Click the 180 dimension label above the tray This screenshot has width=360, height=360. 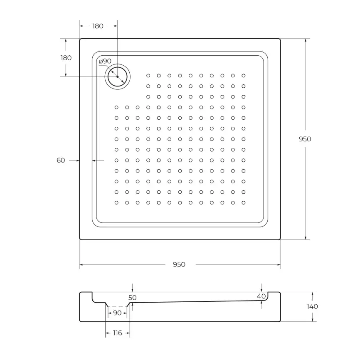(x=97, y=26)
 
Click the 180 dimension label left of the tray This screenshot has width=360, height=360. (x=66, y=58)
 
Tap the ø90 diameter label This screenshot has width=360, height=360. (x=105, y=61)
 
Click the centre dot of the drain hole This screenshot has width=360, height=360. (x=118, y=77)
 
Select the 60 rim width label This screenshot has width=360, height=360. (x=61, y=160)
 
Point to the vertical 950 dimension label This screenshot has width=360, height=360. (x=305, y=139)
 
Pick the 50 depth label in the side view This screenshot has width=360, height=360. (x=133, y=298)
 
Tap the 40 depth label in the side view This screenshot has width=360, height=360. (x=261, y=296)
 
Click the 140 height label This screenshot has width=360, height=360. (x=312, y=306)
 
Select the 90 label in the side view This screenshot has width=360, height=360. (x=117, y=313)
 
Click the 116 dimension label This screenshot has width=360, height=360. (x=118, y=333)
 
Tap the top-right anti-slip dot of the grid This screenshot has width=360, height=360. (x=244, y=76)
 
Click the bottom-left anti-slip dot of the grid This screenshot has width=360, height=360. (x=116, y=202)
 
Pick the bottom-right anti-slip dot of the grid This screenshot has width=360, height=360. (x=244, y=202)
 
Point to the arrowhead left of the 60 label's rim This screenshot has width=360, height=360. (x=78, y=160)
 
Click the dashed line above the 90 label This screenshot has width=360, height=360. (x=117, y=307)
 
